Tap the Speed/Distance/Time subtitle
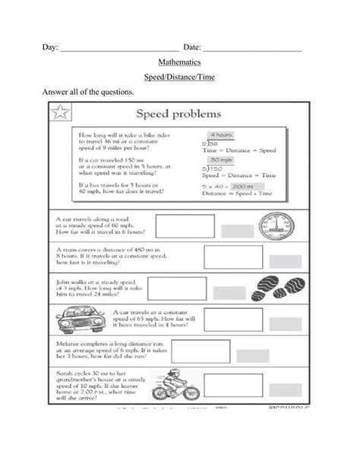(x=179, y=78)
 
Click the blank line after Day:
(x=119, y=49)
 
